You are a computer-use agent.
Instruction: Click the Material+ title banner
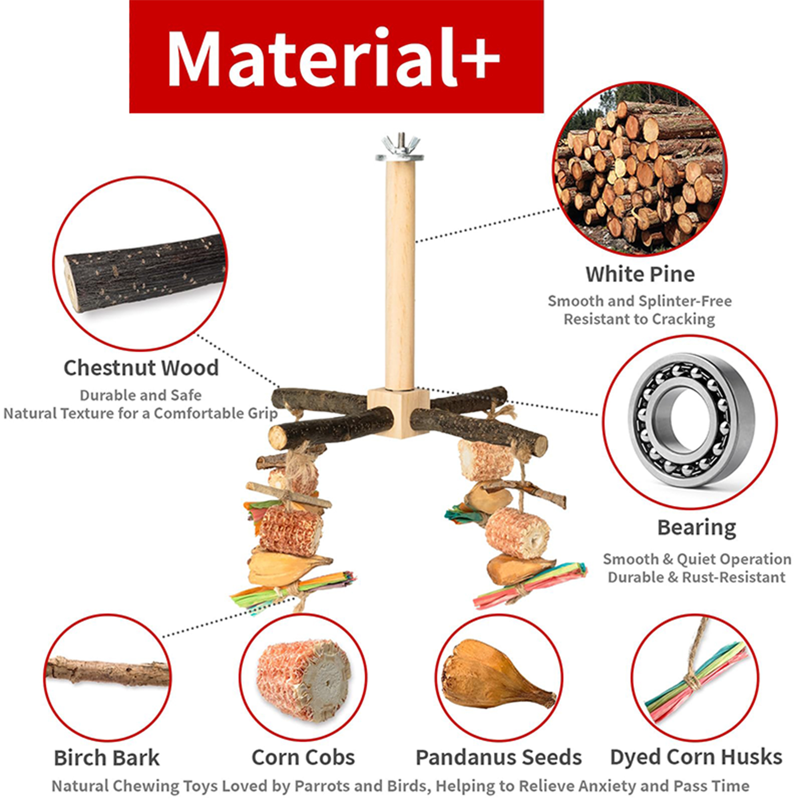pos(336,56)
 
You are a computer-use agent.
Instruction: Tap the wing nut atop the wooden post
pos(399,144)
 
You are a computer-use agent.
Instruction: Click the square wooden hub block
pos(398,413)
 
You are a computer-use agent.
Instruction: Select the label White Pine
pos(640,274)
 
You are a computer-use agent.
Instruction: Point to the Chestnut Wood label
pos(141,368)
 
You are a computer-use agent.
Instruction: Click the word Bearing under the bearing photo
pos(696,528)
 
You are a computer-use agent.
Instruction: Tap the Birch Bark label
pos(107,757)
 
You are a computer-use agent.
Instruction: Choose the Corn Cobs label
pos(303,757)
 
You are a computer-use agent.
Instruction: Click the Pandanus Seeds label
pos(499,757)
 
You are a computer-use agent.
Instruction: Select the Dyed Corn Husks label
pos(696,757)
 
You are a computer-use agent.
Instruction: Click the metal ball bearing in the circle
pos(692,420)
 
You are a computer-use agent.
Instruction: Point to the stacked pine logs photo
pos(640,169)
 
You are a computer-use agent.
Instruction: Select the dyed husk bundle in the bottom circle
pos(694,682)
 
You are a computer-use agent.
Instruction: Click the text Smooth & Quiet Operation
pos(697,559)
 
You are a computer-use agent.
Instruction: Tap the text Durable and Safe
pos(140,395)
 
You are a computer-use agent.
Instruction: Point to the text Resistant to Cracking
pos(639,319)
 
